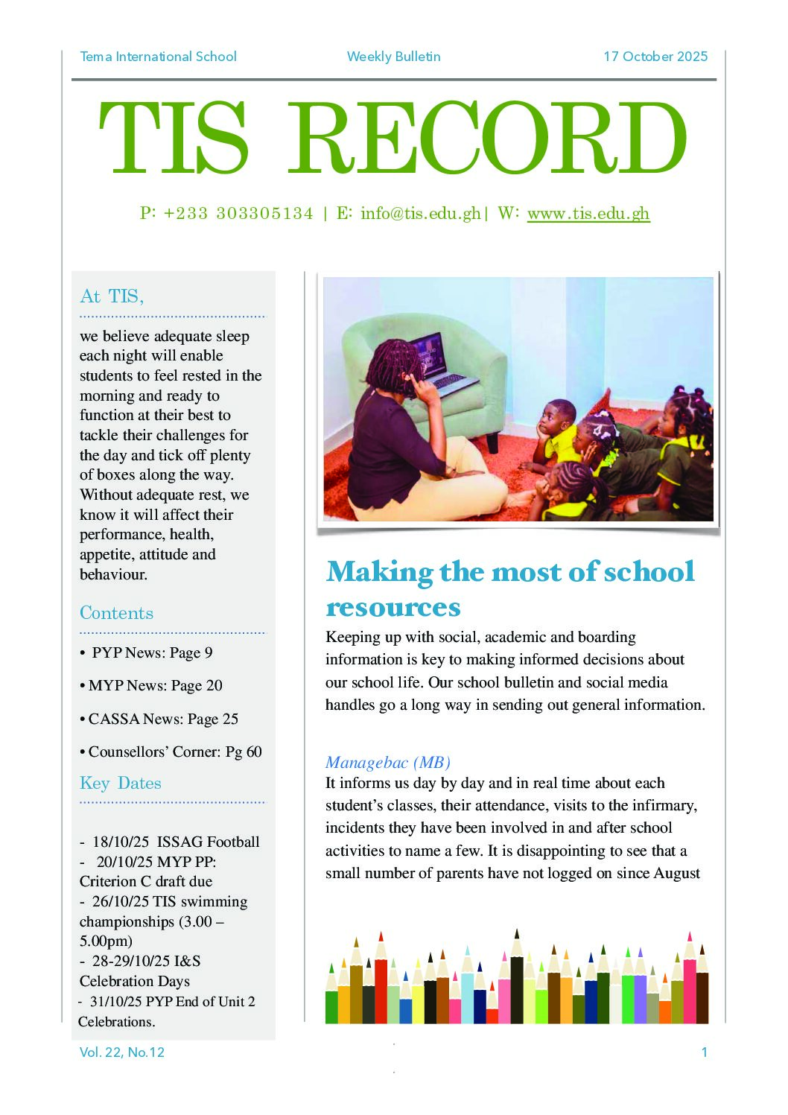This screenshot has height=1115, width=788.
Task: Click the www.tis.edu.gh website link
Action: coord(588,214)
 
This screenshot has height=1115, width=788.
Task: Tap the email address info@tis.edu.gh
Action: coord(420,214)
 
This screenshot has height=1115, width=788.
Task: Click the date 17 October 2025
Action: coord(655,57)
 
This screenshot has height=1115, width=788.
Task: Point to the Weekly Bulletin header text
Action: coord(393,57)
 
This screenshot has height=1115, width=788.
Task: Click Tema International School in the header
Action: coord(158,57)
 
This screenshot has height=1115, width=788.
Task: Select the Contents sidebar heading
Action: coord(116,613)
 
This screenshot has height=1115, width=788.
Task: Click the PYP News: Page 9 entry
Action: coord(151,653)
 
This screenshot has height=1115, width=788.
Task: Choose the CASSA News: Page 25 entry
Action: coord(162,719)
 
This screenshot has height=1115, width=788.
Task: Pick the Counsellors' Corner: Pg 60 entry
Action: coord(174,752)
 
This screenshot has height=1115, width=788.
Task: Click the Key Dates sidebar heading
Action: coord(120,783)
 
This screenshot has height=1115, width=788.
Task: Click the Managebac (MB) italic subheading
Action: coord(388,763)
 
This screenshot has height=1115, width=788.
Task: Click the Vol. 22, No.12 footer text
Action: coord(121,1052)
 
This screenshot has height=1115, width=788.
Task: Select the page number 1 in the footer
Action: coord(704,1052)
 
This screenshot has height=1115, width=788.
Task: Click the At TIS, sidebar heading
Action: coord(112,296)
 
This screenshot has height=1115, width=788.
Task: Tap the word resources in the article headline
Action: coord(393,608)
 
